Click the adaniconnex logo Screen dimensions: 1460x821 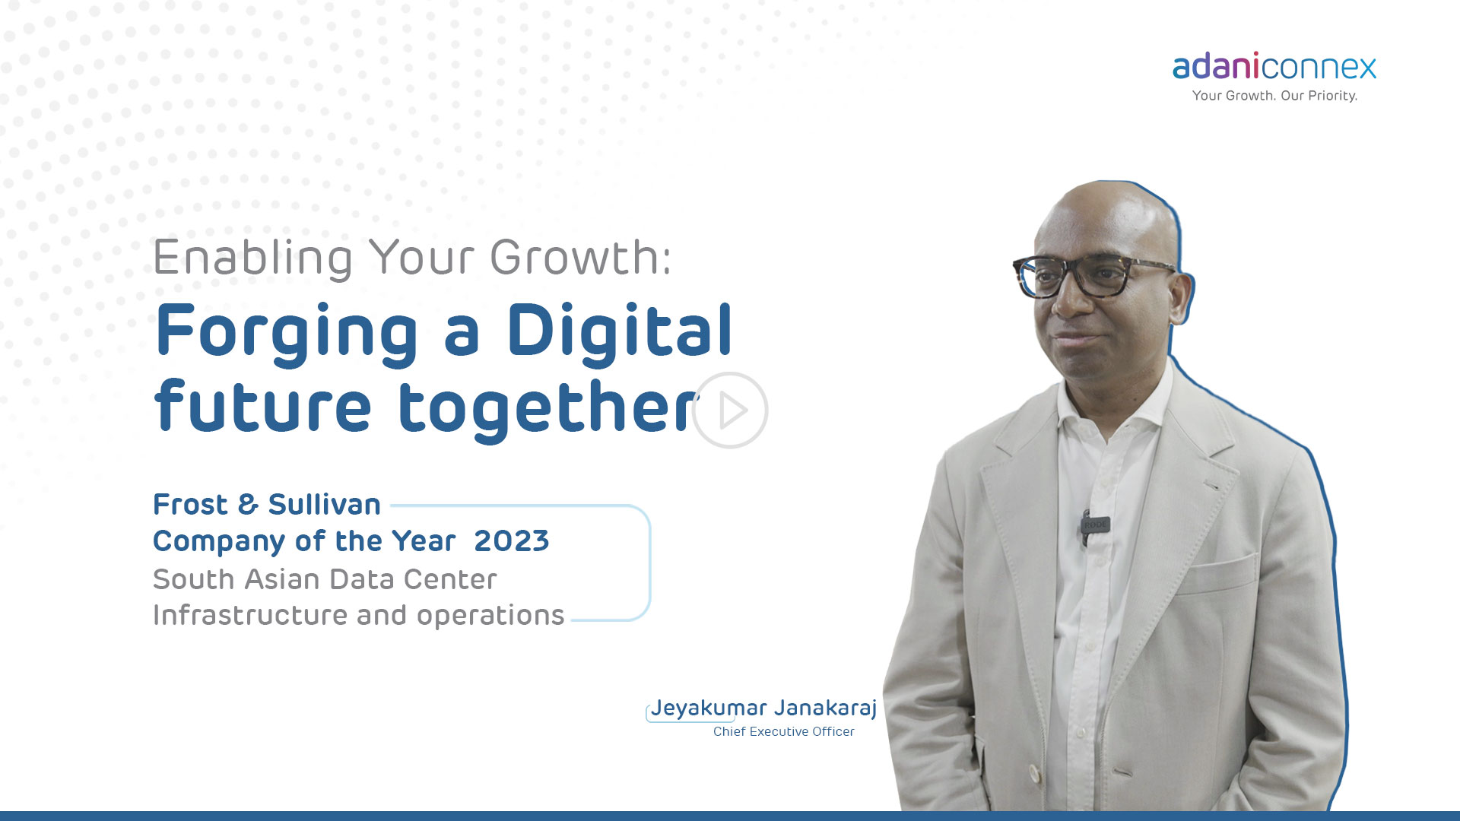(1274, 67)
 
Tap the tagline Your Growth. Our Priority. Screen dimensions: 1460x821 (1274, 96)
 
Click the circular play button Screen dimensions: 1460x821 (730, 410)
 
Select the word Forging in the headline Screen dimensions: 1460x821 (287, 333)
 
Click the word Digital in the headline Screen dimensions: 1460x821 (619, 330)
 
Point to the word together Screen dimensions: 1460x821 (548, 409)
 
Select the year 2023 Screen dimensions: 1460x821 (511, 541)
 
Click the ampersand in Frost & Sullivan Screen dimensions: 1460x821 (248, 505)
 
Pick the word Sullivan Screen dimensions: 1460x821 (324, 504)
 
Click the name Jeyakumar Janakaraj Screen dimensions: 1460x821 (763, 708)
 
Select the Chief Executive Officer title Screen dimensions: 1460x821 (783, 731)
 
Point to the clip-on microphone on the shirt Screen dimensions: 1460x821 (1094, 526)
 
